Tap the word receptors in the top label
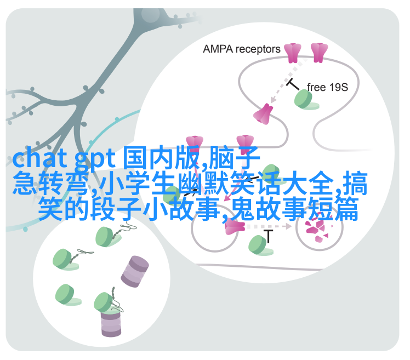(x=257, y=49)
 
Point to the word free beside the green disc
(x=317, y=87)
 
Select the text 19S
(x=338, y=87)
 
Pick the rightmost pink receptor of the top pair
(x=318, y=53)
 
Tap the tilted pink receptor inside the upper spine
(x=263, y=113)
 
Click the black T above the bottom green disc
(x=268, y=236)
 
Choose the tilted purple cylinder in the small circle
(x=135, y=271)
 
